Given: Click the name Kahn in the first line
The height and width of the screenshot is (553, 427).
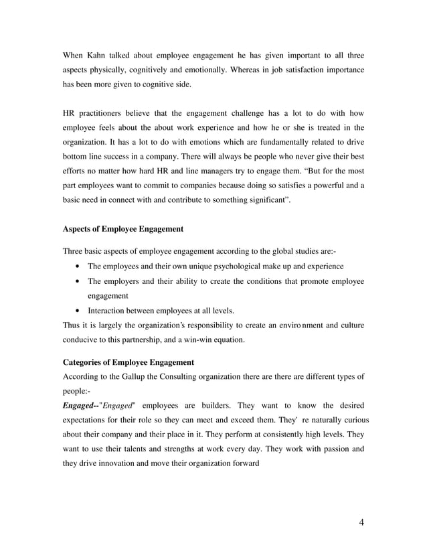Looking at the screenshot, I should click(102, 54).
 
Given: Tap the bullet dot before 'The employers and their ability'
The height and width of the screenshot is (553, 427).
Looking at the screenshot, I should click(80, 281).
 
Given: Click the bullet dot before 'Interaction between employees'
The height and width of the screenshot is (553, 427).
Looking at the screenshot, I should click(80, 311).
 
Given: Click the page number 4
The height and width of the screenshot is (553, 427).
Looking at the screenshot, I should click(361, 523).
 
